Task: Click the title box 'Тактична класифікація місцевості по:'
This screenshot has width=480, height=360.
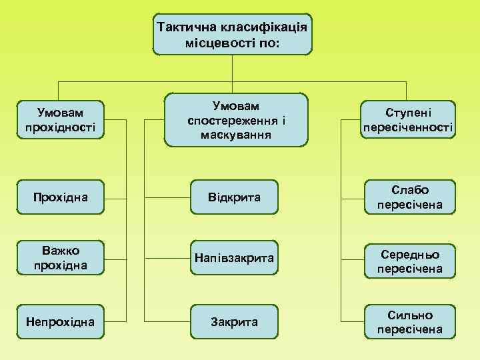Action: [x=232, y=35]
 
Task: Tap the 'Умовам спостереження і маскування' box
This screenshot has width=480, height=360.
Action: [x=236, y=119]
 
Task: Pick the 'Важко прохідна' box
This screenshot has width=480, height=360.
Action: [x=60, y=257]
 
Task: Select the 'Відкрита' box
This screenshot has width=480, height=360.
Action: [x=234, y=197]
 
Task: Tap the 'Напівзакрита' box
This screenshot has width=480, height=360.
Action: [x=234, y=257]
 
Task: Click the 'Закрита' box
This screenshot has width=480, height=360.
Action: [x=234, y=321]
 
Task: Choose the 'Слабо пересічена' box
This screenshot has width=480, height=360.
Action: [x=409, y=197]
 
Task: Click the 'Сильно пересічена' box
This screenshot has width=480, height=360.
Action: [x=409, y=321]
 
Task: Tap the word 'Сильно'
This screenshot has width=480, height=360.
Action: [x=409, y=315]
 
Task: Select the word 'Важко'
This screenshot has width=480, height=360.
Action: [x=60, y=250]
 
